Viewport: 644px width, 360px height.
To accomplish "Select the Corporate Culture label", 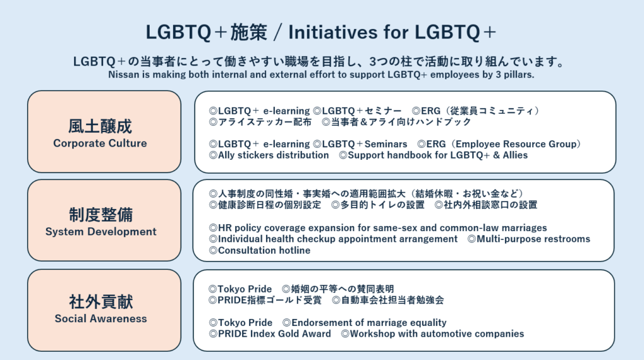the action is click(100, 143).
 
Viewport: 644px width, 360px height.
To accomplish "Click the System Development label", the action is click(101, 232).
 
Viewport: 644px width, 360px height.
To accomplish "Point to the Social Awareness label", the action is click(101, 318).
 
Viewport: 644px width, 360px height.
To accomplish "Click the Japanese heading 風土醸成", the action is click(100, 126).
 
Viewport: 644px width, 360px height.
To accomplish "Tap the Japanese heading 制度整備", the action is click(101, 215).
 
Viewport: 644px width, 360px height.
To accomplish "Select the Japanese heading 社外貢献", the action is click(101, 301).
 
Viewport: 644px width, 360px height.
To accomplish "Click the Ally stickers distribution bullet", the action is click(269, 155).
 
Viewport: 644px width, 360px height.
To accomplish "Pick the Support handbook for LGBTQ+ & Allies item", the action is click(433, 155).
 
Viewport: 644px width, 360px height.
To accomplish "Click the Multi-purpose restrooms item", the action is click(529, 239).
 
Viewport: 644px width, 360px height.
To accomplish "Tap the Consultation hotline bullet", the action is click(260, 250).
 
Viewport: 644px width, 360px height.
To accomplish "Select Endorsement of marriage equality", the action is click(364, 323).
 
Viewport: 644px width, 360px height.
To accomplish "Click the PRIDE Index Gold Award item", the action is click(270, 334).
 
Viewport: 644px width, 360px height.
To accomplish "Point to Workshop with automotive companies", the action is click(433, 334).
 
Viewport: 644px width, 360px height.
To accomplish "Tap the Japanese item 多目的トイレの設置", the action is click(378, 205).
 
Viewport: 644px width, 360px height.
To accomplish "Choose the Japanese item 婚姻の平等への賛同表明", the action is click(338, 289).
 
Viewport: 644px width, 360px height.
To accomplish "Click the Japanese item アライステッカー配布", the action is click(260, 122).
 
